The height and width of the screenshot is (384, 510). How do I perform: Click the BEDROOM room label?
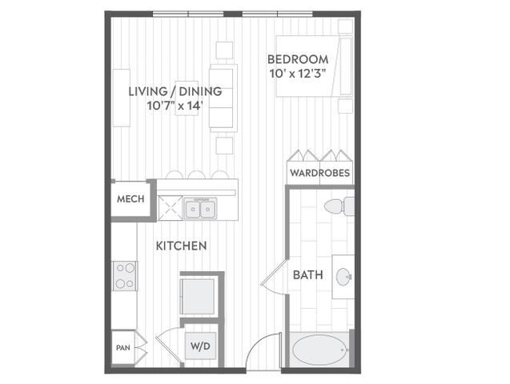coord(298,59)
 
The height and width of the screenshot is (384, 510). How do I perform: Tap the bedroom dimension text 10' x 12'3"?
coord(298,74)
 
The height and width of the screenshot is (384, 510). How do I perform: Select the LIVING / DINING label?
coord(175,91)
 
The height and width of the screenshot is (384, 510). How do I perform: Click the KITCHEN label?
coord(181,246)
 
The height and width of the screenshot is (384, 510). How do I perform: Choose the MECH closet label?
coord(131,199)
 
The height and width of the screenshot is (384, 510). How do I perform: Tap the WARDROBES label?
coord(319,173)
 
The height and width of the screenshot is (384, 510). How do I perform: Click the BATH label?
coord(307,275)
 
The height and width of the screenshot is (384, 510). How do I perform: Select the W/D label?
coord(200,346)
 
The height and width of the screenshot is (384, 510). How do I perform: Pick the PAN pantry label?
coord(123,348)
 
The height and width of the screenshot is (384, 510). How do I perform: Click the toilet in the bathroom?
coord(339,206)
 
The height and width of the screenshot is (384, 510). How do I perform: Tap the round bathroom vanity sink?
coord(343,277)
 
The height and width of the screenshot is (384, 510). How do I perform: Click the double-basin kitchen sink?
coord(200,209)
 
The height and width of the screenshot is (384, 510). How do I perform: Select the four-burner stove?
coord(125,276)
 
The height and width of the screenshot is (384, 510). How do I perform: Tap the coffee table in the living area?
coord(187,98)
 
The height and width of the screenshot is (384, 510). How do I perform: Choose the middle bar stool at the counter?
coord(196,174)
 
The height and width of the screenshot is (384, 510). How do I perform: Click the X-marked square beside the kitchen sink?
coord(170,208)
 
